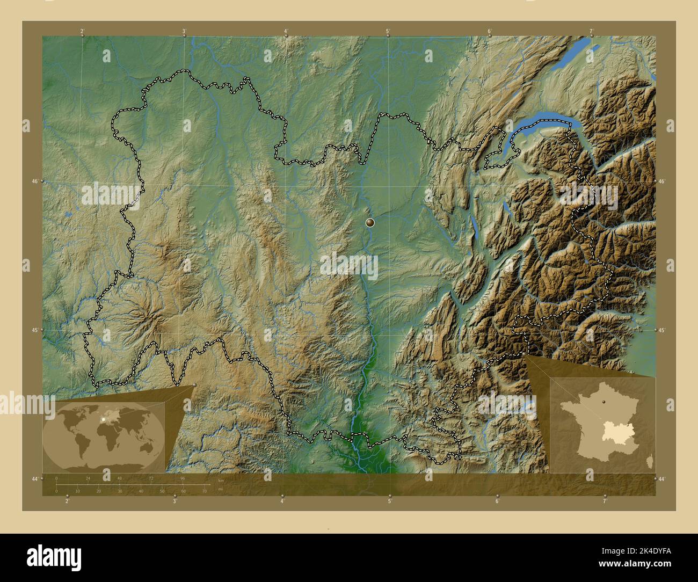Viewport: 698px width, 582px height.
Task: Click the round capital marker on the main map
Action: click(x=370, y=222)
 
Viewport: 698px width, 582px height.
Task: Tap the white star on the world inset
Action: click(x=101, y=419)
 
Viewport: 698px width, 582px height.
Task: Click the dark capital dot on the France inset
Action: click(x=604, y=402)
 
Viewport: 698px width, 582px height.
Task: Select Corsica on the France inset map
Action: click(x=651, y=460)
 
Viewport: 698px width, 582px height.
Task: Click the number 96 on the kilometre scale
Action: click(x=183, y=478)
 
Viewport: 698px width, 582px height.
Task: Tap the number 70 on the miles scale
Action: click(x=205, y=491)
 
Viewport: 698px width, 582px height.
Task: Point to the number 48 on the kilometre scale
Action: click(x=119, y=478)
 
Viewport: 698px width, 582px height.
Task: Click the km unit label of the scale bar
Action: click(x=220, y=481)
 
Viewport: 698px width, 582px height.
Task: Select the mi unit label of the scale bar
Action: click(x=220, y=489)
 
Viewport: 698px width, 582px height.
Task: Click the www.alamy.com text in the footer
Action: click(x=636, y=565)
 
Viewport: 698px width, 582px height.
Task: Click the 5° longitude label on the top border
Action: click(x=388, y=32)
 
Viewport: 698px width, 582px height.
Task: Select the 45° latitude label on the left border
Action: click(x=34, y=330)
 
